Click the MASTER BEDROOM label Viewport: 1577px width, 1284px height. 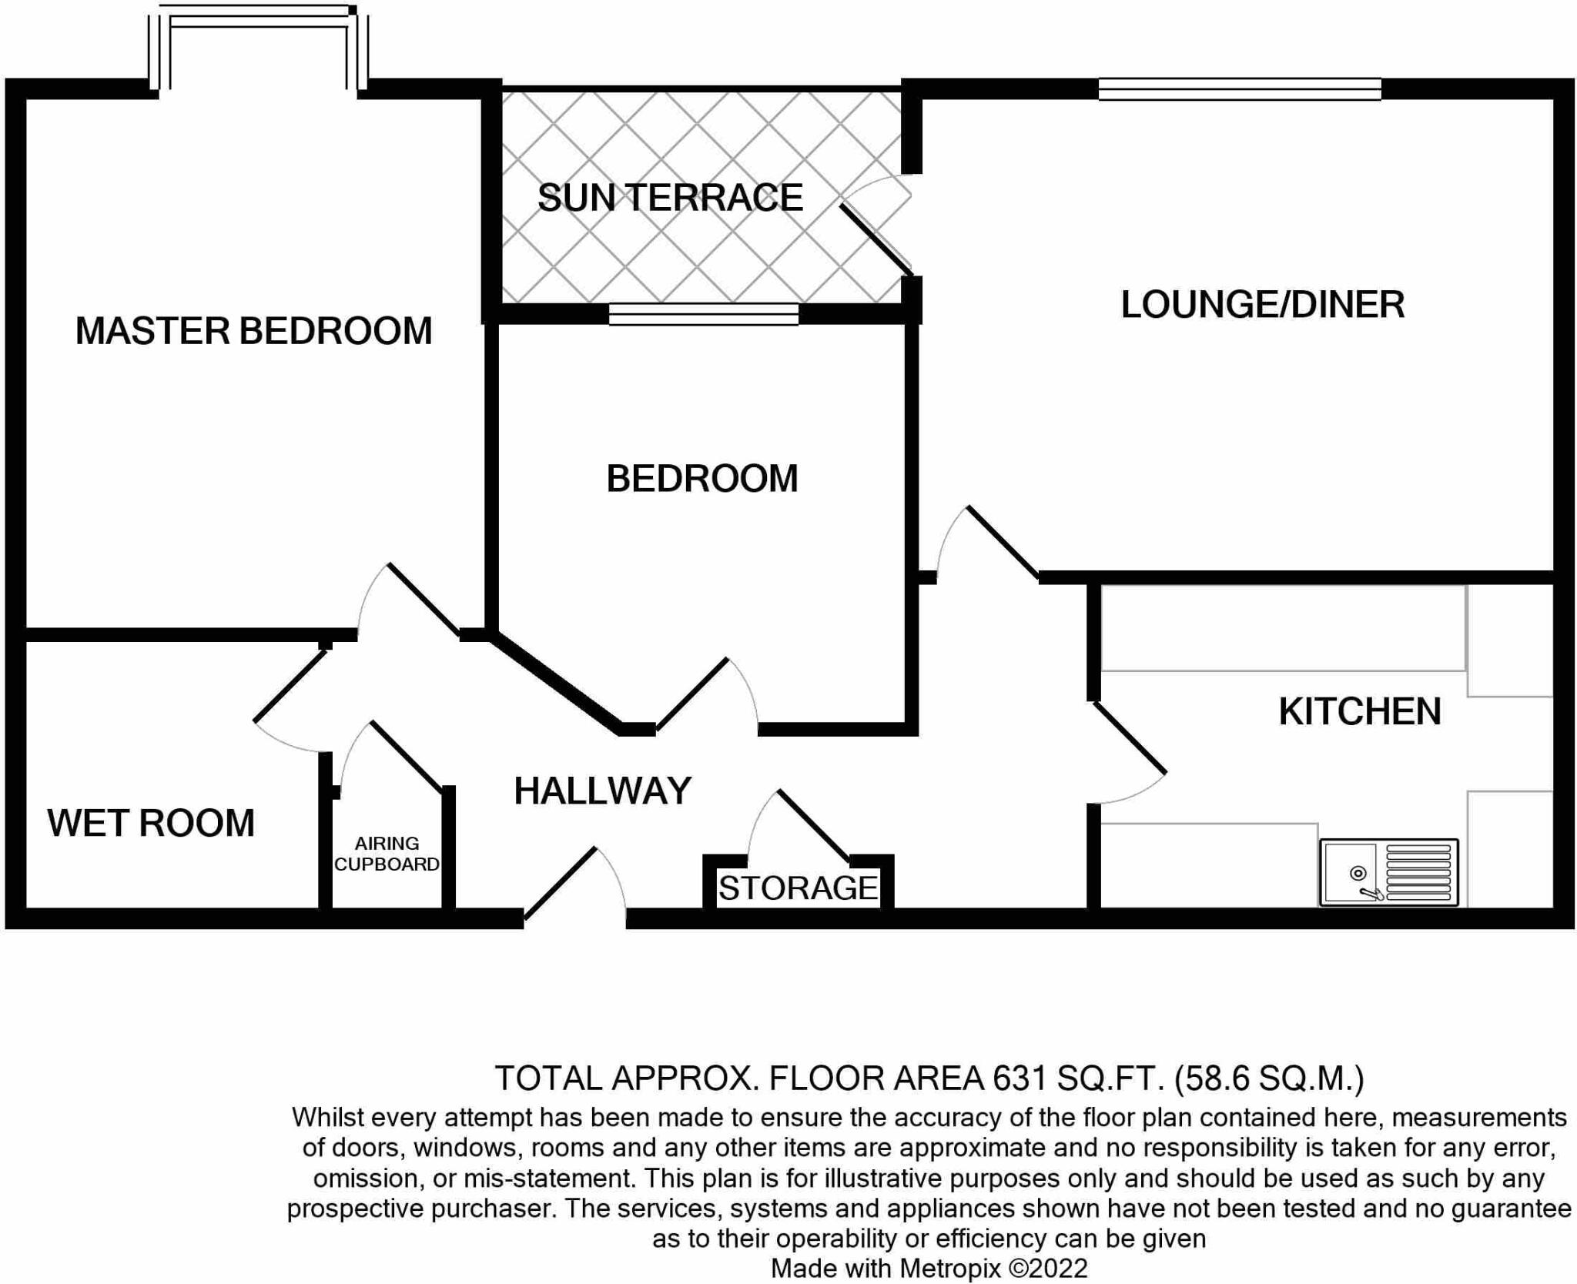coord(253,331)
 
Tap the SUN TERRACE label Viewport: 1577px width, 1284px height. coord(670,198)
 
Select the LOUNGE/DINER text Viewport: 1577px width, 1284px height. coord(1262,305)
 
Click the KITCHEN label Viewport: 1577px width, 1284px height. coord(1359,711)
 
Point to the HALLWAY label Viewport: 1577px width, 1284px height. coord(602,791)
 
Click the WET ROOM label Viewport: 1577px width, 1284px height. coord(151,823)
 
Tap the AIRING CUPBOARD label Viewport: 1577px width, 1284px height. coord(387,854)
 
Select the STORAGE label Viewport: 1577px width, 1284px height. coord(798,888)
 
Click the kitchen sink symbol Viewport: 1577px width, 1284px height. coord(1388,871)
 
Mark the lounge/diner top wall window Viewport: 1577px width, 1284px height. coord(1239,89)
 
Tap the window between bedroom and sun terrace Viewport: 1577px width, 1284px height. coord(703,313)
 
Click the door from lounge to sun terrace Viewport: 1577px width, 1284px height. coord(876,238)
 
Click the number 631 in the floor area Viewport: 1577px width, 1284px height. coord(1019,1078)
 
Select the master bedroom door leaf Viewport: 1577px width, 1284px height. coord(424,600)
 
